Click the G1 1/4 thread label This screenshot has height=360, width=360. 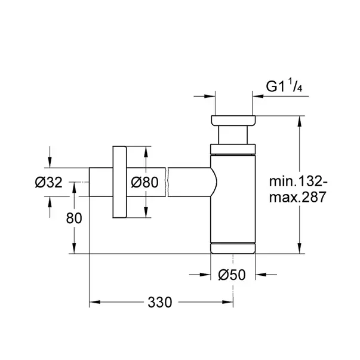284,85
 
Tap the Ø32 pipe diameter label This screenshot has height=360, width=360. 48,183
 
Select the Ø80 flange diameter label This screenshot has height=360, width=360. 144,182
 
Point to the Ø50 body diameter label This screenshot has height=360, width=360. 232,275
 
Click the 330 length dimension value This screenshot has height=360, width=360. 160,302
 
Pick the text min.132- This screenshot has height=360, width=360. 299,181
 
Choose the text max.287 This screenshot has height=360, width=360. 297,197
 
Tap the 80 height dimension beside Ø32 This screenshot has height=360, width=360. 74,218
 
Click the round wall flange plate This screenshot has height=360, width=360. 119,182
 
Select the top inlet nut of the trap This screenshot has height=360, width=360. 233,121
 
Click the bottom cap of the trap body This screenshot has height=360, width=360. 233,248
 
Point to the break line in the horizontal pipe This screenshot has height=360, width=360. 167,182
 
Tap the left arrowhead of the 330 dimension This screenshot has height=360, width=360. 94,302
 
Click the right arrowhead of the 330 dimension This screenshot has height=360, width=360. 227,302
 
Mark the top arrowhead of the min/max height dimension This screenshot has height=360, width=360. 299,121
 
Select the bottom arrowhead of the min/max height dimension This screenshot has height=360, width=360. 299,248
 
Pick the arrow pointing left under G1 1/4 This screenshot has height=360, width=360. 258,96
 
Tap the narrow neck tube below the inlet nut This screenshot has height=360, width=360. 233,135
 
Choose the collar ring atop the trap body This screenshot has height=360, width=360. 233,149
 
